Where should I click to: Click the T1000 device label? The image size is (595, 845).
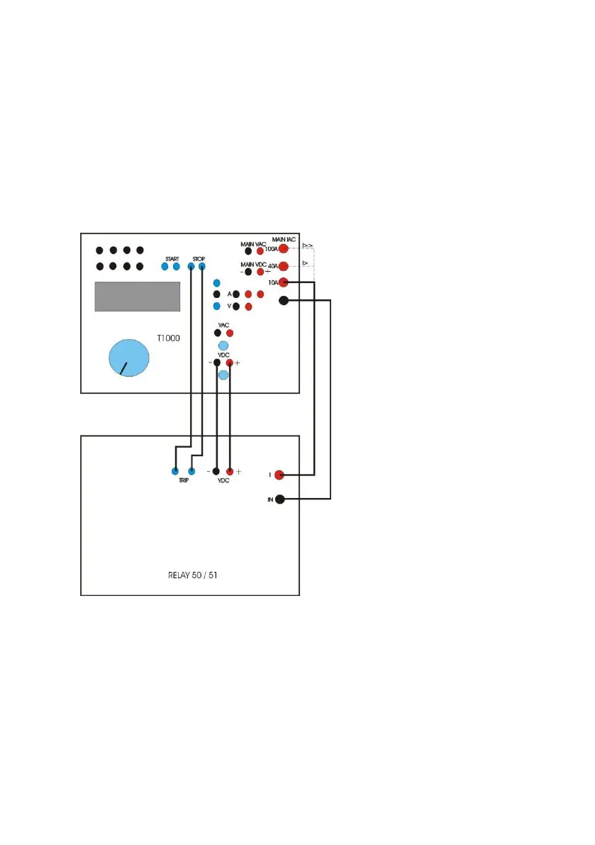point(168,339)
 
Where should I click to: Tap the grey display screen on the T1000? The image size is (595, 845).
point(137,296)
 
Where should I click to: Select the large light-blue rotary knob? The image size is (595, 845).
point(130,358)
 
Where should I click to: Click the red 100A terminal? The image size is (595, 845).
point(283,249)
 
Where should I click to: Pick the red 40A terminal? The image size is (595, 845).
point(283,267)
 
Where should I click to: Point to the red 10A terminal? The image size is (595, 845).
point(284,283)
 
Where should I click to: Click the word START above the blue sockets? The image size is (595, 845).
point(172,258)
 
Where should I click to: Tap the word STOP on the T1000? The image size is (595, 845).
point(199,258)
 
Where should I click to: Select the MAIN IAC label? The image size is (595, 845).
point(284,240)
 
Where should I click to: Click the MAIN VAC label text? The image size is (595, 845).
point(252,244)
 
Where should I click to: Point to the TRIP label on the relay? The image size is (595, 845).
point(183,480)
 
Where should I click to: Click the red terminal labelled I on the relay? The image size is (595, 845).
point(279,475)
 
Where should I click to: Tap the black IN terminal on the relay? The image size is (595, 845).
point(280,499)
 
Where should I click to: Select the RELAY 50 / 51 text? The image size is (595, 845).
point(189,575)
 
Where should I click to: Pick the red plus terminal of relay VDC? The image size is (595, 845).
point(230,471)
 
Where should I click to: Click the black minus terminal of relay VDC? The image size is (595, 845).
point(216,471)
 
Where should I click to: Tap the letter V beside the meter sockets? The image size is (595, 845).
point(229,306)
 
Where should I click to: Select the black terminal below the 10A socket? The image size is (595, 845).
point(284,301)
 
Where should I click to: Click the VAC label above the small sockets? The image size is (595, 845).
point(223,324)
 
